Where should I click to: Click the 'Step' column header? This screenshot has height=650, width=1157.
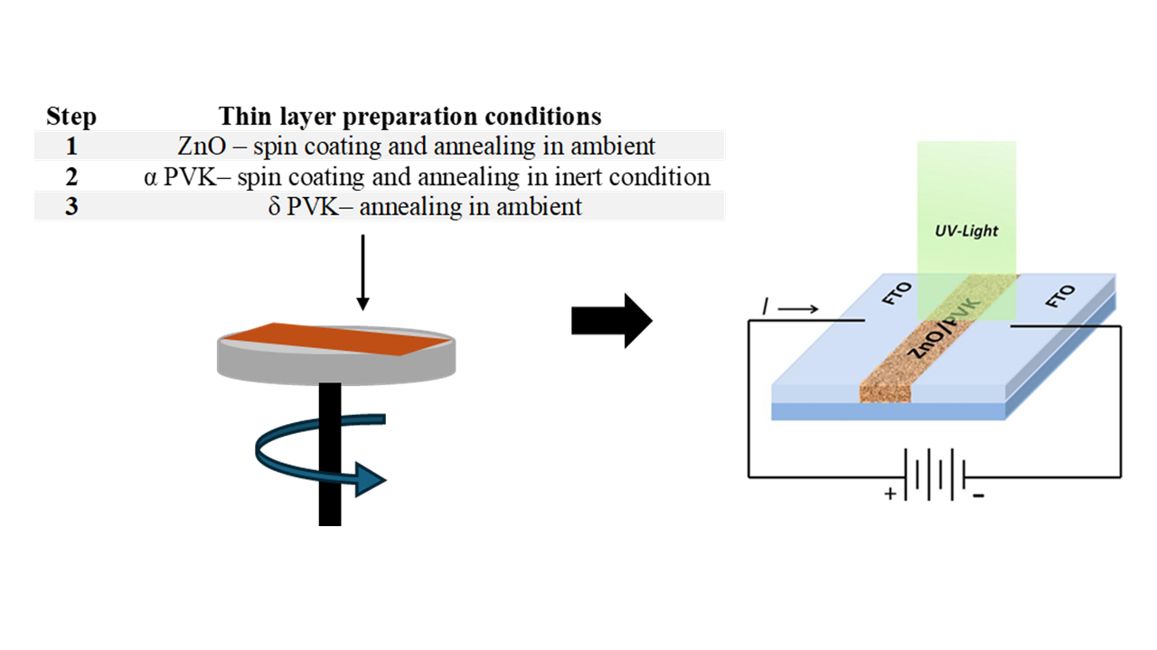[71, 118]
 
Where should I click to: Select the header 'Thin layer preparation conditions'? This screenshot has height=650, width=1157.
[409, 118]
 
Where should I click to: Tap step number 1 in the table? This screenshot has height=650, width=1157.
[71, 146]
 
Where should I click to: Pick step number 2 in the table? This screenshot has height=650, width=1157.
[71, 176]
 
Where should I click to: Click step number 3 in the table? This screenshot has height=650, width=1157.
[71, 206]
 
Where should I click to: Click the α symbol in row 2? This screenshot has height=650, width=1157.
[150, 177]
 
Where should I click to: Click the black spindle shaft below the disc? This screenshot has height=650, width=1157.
[330, 470]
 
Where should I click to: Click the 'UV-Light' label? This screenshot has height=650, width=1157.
[966, 231]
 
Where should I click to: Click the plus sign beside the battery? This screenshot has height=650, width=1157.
[890, 495]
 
